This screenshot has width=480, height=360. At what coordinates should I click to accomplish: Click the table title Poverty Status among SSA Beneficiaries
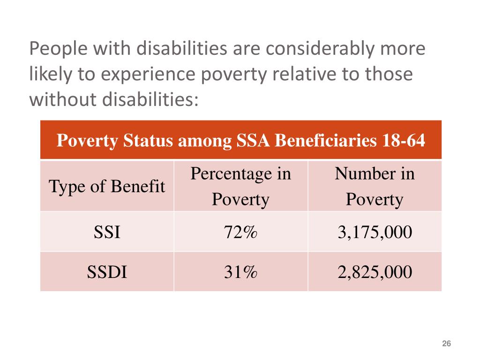240,141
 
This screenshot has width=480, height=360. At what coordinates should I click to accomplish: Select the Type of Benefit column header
107,187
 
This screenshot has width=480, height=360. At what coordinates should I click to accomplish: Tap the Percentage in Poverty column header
240,187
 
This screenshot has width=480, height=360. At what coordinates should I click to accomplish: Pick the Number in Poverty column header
375,187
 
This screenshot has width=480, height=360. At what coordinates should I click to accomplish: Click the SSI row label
107,232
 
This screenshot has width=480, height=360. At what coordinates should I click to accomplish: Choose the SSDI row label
107,272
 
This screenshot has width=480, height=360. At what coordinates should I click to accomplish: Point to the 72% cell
240,232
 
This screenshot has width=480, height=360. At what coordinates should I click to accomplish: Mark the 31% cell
240,272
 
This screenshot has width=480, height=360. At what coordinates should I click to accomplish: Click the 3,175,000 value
375,232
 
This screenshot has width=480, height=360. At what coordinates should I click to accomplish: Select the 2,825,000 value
375,272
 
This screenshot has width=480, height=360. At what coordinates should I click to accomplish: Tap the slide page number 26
446,345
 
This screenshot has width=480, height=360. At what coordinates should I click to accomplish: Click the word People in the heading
55,49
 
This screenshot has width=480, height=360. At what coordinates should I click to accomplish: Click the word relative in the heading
274,74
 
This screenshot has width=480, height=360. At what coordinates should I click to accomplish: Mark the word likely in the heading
47,75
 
